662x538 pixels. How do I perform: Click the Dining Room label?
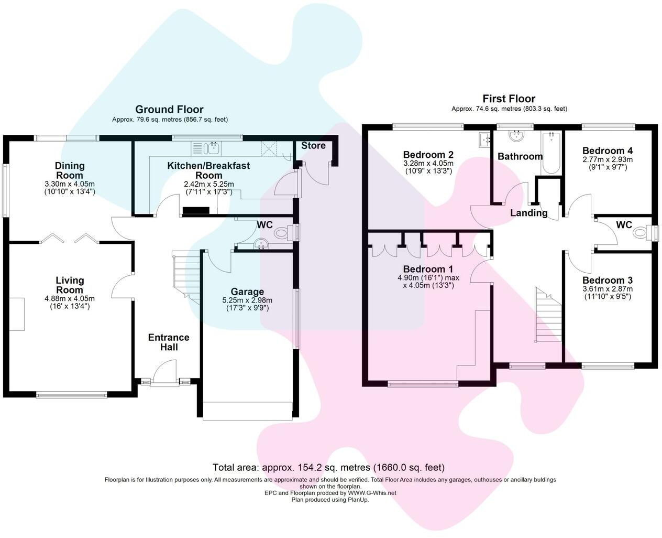tap(70, 170)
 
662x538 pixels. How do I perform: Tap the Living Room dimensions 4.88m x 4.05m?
tap(70, 299)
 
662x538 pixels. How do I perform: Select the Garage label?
tap(247, 292)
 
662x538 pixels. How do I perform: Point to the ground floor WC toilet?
tap(283, 232)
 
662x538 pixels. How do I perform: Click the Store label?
tap(313, 145)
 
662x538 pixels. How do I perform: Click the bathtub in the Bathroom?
tap(551, 153)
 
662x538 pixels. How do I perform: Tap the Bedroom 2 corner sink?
tap(483, 139)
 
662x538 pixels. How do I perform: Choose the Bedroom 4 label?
tap(603, 150)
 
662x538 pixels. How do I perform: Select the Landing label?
tap(528, 213)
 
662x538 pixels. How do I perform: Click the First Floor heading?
tap(509, 99)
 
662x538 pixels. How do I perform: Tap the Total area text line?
tap(328, 467)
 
